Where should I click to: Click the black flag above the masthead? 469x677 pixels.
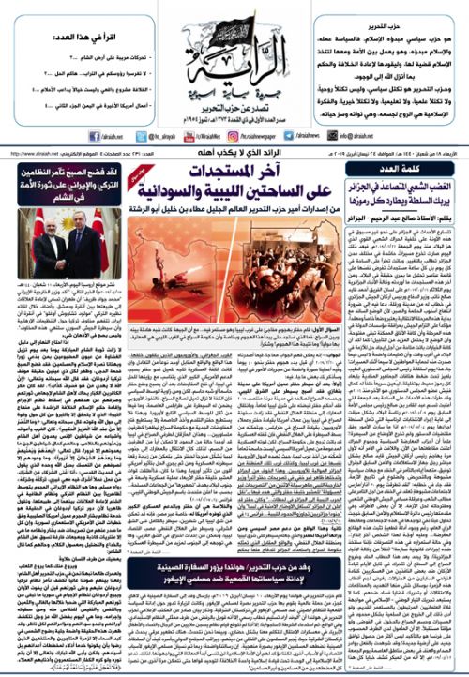235,21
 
